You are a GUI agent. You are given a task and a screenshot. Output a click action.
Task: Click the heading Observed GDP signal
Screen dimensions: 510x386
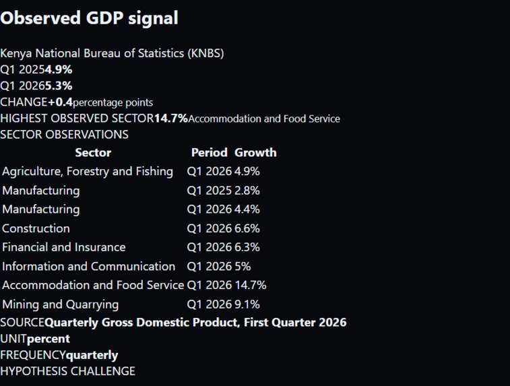[89, 18]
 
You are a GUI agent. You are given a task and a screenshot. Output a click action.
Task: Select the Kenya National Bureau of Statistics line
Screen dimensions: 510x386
[113, 53]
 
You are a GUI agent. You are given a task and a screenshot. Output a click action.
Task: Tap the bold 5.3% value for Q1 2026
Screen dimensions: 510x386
[59, 86]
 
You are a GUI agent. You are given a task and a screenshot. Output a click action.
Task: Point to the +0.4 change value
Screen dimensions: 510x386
[61, 102]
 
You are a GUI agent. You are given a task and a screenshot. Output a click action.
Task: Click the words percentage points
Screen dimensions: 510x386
[113, 103]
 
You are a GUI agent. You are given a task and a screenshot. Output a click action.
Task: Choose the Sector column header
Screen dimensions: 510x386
[93, 152]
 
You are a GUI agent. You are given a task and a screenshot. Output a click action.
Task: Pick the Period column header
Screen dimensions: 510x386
[209, 152]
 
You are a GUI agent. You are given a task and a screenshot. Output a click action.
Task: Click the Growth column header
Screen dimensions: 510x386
[255, 152]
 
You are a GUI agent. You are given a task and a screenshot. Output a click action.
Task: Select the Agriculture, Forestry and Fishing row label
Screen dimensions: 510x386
[88, 171]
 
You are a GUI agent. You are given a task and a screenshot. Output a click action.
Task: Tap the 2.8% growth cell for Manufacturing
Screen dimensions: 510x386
[247, 191]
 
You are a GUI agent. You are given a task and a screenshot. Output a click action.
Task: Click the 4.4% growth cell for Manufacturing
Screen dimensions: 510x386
[247, 210]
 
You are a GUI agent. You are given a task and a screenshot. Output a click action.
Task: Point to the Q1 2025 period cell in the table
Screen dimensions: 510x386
[209, 191]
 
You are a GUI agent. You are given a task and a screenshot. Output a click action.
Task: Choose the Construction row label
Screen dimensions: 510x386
[36, 228]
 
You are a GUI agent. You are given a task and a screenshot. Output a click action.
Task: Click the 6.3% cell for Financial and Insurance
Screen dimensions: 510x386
[247, 247]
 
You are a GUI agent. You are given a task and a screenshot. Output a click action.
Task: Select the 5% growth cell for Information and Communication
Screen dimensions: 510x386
[243, 266]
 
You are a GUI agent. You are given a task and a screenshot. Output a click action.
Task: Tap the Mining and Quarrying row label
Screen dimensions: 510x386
[61, 304]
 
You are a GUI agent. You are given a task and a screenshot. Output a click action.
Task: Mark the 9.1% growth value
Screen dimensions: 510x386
[247, 304]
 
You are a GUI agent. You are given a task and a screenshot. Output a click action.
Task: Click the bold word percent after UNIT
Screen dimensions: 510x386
[48, 339]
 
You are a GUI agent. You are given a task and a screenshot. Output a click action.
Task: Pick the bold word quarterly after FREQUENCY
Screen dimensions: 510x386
[92, 355]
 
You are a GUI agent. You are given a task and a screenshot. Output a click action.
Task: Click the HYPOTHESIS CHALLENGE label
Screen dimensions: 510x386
[67, 371]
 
